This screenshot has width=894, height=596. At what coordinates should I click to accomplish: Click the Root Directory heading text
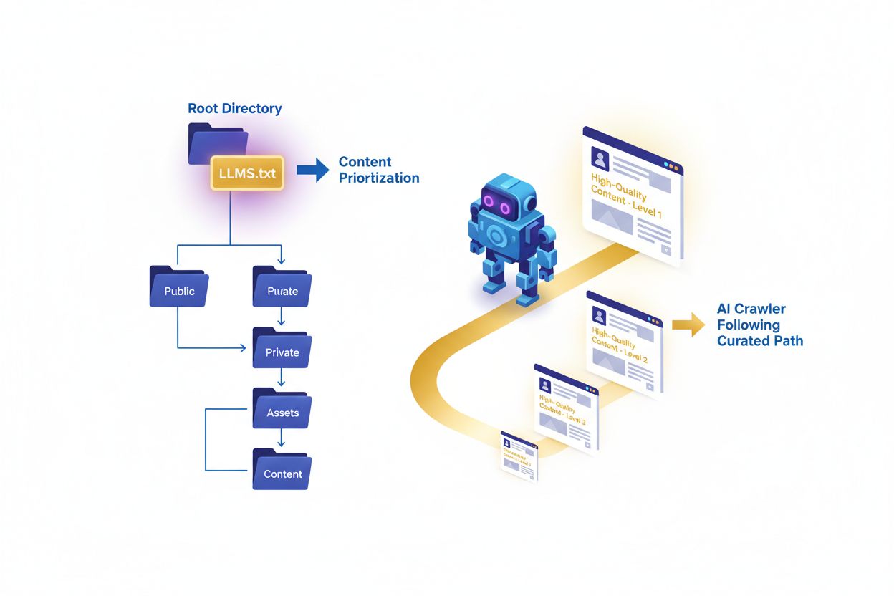pos(234,109)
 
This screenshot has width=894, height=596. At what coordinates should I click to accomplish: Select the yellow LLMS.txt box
pos(247,173)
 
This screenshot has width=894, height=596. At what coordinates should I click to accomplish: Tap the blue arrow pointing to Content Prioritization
pos(312,170)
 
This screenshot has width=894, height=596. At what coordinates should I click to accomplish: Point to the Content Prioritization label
pos(379,170)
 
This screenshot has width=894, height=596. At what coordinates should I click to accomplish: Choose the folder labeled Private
pos(282,350)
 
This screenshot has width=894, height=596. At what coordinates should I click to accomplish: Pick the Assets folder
pos(282,410)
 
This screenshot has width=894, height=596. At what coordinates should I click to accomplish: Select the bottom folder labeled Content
pos(282,471)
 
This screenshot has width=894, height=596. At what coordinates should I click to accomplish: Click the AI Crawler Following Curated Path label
pos(759,325)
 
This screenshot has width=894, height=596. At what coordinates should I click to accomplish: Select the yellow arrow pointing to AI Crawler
pos(688,324)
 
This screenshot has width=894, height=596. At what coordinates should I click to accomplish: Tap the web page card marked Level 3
pos(566,408)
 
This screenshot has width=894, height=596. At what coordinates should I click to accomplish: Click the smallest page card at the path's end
pos(519,456)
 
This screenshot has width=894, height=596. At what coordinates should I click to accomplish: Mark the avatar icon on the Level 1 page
pos(600,159)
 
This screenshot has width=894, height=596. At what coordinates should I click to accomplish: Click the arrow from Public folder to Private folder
pos(215,349)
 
